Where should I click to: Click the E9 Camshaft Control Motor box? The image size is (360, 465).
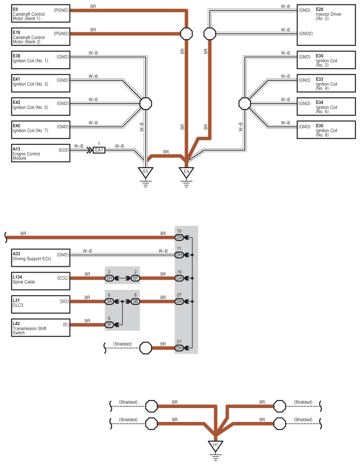coord(41,13)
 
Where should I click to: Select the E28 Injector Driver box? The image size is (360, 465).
coord(326,25)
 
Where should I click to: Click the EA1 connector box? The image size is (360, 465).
coord(99,150)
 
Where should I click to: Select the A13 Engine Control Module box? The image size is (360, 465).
coord(41,153)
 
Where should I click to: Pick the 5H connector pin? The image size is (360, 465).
coord(109,278)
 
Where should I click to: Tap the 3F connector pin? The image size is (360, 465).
coord(109,325)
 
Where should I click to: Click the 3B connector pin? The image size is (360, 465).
coord(135,302)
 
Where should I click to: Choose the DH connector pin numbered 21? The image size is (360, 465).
coord(179,348)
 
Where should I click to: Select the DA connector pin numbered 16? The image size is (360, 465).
coord(179,278)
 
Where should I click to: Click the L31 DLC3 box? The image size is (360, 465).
coord(41,304)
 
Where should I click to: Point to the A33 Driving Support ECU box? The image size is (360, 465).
coord(41,258)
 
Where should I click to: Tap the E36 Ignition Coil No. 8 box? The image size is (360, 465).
coord(326,130)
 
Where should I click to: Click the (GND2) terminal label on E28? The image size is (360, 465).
coord(306,34)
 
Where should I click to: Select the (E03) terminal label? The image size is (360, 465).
coord(63,150)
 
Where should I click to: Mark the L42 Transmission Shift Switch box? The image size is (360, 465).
coord(41,328)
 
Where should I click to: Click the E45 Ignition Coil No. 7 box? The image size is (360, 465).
coord(41,130)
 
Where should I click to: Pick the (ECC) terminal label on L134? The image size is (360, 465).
coord(63,278)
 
